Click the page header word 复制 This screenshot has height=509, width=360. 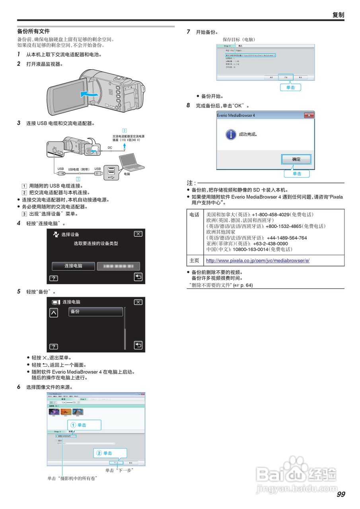pyautogui.click(x=338, y=15)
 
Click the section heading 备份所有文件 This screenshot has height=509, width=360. pyautogui.click(x=33, y=31)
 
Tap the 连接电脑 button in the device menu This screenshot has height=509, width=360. pyautogui.click(x=73, y=266)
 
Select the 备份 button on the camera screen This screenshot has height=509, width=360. pyautogui.click(x=95, y=312)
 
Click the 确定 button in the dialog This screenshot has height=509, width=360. pyautogui.click(x=296, y=159)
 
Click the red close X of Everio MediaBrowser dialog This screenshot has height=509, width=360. pyautogui.click(x=309, y=115)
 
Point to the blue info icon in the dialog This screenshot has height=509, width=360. pyautogui.click(x=230, y=134)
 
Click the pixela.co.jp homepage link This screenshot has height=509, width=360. pyautogui.click(x=257, y=261)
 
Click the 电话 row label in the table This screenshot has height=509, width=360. pyautogui.click(x=195, y=215)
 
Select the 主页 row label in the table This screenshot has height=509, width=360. pyautogui.click(x=195, y=261)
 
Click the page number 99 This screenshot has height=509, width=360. pyautogui.click(x=341, y=494)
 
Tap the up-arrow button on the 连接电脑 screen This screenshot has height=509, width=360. pyautogui.click(x=53, y=313)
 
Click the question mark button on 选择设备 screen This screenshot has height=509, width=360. pyautogui.click(x=53, y=278)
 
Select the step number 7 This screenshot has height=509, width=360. pyautogui.click(x=189, y=32)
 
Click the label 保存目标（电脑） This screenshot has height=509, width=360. pyautogui.click(x=239, y=40)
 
